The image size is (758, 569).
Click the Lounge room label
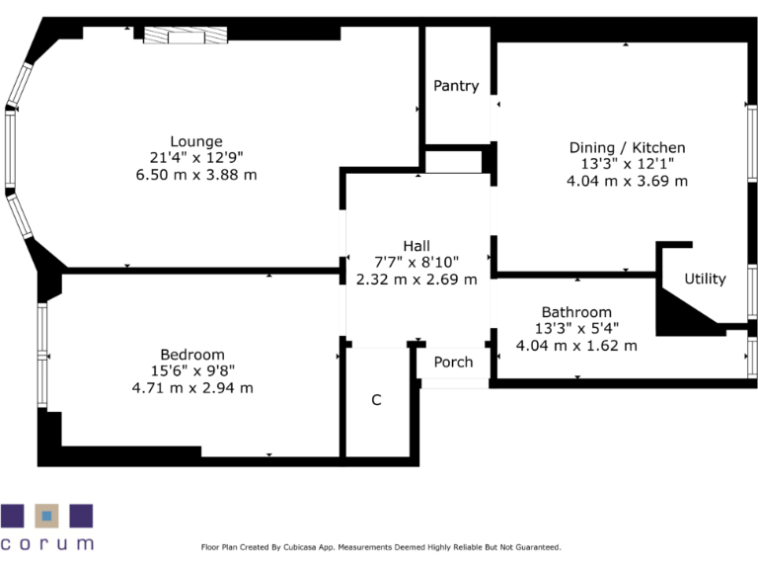click(x=195, y=141)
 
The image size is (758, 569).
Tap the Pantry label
click(x=456, y=86)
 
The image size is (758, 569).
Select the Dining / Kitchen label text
click(x=627, y=148)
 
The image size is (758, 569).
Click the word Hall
click(x=416, y=246)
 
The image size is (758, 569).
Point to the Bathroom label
click(x=575, y=312)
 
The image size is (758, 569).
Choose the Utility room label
click(x=705, y=279)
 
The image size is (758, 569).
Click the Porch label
click(x=453, y=362)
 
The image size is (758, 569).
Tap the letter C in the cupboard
click(x=375, y=400)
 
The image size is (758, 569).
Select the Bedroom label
click(x=192, y=355)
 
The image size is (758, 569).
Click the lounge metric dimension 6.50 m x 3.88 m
click(x=195, y=175)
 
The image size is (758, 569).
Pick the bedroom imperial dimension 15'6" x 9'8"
click(x=192, y=371)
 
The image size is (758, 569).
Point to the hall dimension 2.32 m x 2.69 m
click(x=416, y=280)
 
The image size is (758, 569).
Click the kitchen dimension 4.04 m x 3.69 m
click(x=627, y=182)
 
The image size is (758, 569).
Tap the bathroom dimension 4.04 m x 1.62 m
click(x=576, y=346)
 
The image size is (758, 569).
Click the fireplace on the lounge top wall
click(x=186, y=36)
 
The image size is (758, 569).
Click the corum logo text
click(x=47, y=543)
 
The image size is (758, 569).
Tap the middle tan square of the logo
click(x=46, y=517)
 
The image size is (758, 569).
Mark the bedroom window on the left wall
click(x=41, y=355)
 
